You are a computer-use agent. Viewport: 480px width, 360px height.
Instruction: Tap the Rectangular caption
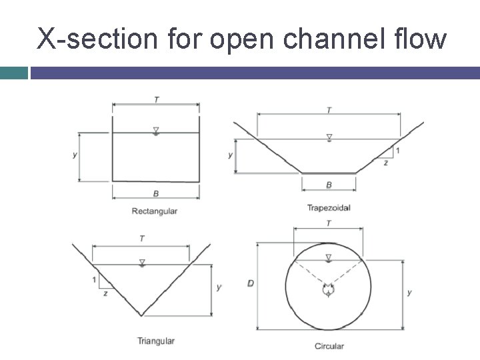155,211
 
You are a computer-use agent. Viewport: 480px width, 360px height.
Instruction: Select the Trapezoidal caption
329,208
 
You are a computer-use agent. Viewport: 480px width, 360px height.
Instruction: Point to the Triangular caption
156,341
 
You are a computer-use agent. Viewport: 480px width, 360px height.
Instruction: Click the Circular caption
329,346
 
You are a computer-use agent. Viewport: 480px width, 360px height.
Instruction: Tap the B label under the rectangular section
156,194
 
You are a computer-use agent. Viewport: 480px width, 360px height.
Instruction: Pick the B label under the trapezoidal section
329,185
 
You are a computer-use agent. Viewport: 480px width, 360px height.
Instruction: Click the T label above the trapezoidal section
329,109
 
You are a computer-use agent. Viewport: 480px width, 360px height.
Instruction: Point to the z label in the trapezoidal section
386,163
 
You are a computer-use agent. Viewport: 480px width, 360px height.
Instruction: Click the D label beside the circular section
250,283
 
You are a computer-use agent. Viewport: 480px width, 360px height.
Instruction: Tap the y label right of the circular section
409,292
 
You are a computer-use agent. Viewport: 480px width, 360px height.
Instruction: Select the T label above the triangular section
141,239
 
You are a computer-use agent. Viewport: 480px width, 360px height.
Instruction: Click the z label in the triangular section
105,293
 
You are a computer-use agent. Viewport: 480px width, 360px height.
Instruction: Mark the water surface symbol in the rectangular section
155,131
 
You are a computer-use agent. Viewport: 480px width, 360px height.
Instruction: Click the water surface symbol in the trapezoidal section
329,137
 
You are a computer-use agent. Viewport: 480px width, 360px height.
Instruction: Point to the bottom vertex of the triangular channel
141,315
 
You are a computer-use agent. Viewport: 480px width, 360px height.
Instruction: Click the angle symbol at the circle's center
328,291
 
